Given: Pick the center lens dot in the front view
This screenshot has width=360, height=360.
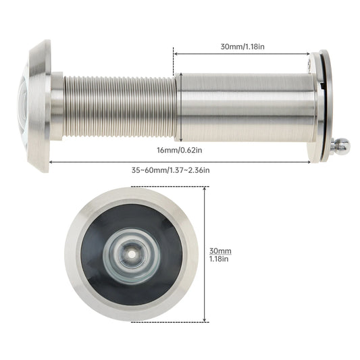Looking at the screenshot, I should tap(132, 254).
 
